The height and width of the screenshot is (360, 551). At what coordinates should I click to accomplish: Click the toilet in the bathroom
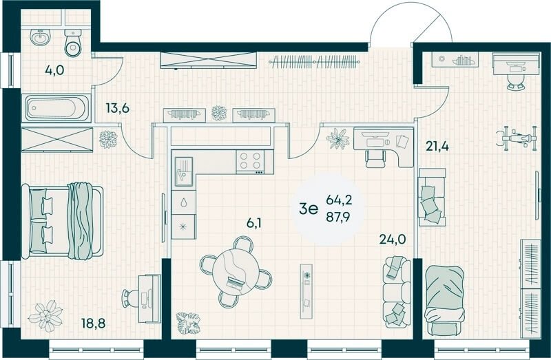point(73,43)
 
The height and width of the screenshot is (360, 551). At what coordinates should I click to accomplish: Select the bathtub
point(56,108)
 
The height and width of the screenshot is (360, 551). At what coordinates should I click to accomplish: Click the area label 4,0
point(54,70)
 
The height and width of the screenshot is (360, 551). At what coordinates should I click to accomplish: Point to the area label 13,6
point(118,108)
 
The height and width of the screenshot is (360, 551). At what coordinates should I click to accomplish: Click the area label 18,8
point(94,323)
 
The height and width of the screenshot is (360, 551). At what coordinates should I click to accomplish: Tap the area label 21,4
point(437,145)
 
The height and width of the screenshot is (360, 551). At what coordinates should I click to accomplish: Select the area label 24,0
point(393,239)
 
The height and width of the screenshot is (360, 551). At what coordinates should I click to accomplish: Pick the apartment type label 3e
point(308,209)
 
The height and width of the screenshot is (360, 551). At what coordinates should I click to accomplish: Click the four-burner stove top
point(250,162)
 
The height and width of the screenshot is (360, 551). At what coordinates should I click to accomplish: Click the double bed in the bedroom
point(63,221)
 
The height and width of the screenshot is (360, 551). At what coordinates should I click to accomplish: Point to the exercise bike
point(517,138)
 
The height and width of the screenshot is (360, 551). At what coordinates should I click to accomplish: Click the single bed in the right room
point(444,300)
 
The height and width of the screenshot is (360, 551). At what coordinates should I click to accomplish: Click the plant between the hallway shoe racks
point(219,113)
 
